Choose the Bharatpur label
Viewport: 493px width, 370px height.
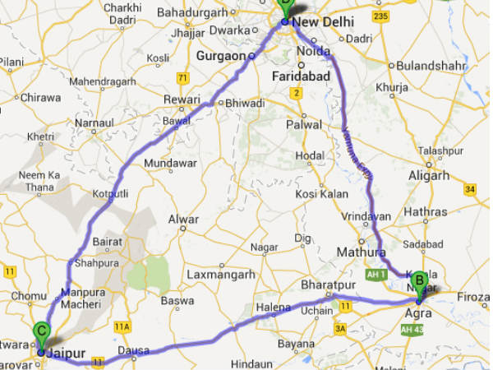327,284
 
